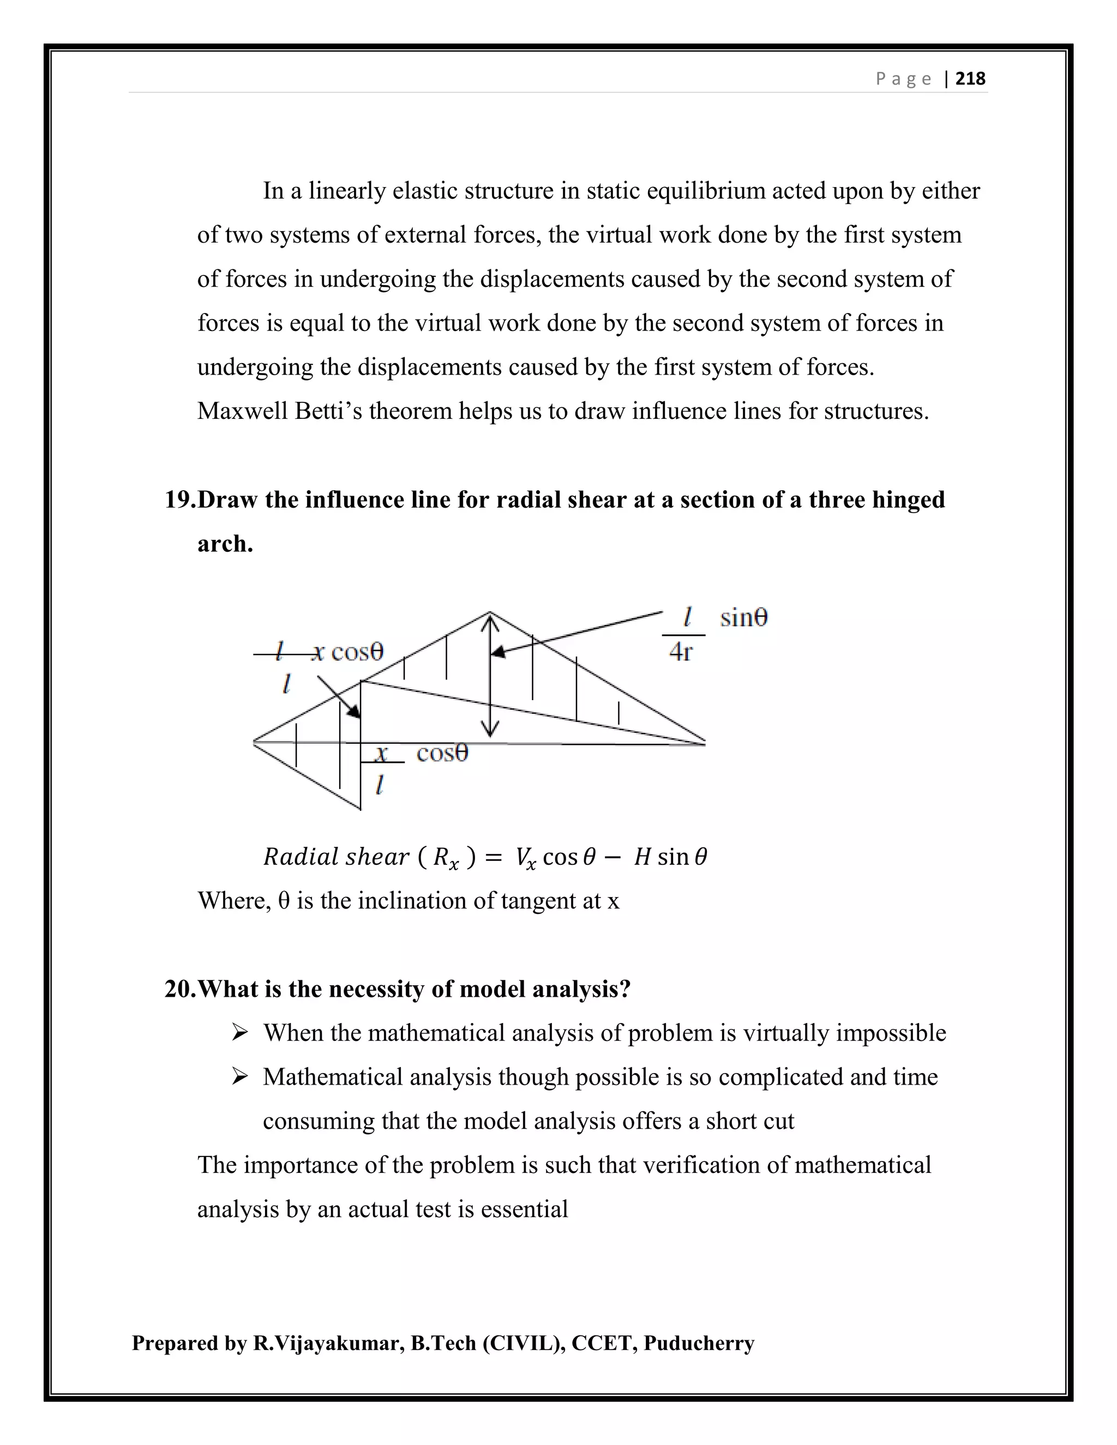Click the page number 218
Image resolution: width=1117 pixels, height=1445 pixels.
[x=970, y=79]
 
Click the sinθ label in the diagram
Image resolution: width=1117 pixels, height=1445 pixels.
[x=744, y=618]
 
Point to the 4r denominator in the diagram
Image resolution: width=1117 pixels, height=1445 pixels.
[x=680, y=652]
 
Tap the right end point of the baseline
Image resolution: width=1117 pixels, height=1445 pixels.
[x=705, y=744]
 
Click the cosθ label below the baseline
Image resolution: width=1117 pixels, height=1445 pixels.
[x=442, y=754]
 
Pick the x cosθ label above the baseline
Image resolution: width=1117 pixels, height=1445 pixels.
[x=347, y=652]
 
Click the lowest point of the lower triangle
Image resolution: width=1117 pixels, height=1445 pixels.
[x=361, y=809]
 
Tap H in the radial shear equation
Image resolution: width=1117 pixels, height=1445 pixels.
[x=642, y=858]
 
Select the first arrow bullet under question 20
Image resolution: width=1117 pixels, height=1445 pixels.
[x=239, y=1033]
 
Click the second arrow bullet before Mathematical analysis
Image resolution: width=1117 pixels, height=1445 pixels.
[x=239, y=1077]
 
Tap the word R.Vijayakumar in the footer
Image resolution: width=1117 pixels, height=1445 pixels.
[x=328, y=1344]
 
